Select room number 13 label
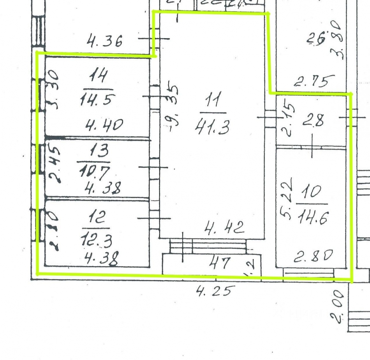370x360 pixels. tap(96, 150)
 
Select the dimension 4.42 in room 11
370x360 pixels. tap(224, 227)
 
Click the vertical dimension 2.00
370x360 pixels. tap(337, 307)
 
